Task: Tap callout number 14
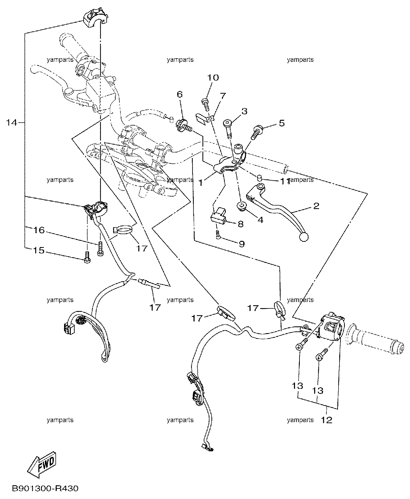(x=11, y=123)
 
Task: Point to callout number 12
(x=326, y=420)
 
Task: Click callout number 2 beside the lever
(x=316, y=206)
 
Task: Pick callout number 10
(x=213, y=78)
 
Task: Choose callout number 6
(x=180, y=94)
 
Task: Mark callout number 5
(x=282, y=123)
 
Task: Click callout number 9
(x=242, y=244)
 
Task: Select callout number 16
(x=39, y=230)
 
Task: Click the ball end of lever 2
(x=304, y=237)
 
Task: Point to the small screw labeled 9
(x=218, y=235)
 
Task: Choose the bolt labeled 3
(x=228, y=129)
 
